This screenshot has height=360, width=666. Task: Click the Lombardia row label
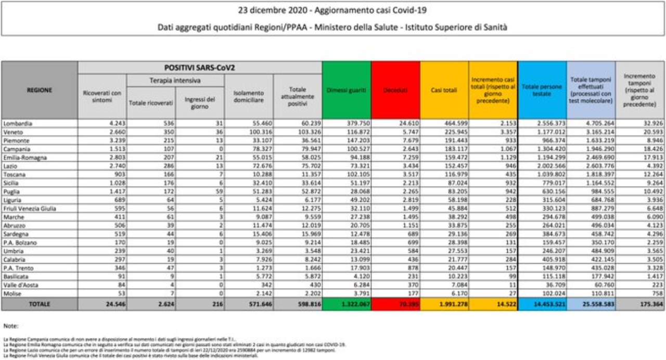point(18,124)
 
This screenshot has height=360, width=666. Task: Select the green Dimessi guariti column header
point(347,90)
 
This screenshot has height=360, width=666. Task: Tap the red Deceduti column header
point(395,90)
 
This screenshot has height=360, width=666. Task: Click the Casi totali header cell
point(444,90)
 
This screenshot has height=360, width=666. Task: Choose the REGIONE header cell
point(40,90)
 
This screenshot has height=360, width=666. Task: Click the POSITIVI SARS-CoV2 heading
point(200,68)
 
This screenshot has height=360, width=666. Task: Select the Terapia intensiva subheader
point(175,80)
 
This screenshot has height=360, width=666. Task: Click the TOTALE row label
point(40,304)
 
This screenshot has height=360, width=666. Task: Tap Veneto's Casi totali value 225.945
point(455,132)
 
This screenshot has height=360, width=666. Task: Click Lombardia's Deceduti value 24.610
point(407,124)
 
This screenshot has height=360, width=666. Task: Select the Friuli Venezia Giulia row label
point(29,209)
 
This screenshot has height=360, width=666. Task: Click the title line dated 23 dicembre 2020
point(332,10)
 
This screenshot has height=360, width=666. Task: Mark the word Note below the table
point(10,326)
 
